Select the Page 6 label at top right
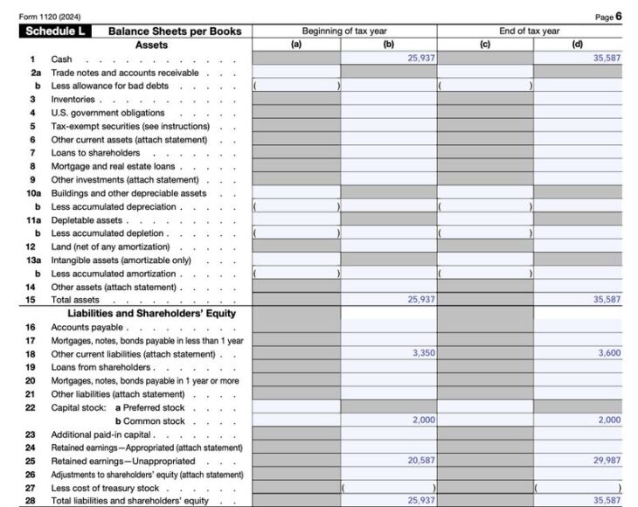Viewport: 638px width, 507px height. pos(607,17)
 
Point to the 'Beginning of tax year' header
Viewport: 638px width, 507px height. pos(344,31)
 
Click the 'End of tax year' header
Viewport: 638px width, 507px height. pos(529,31)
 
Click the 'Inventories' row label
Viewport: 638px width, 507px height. pos(73,100)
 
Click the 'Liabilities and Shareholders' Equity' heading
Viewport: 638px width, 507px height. pos(151,313)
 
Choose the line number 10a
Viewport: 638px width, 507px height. pos(33,193)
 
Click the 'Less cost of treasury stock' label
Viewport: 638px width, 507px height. pos(106,488)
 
